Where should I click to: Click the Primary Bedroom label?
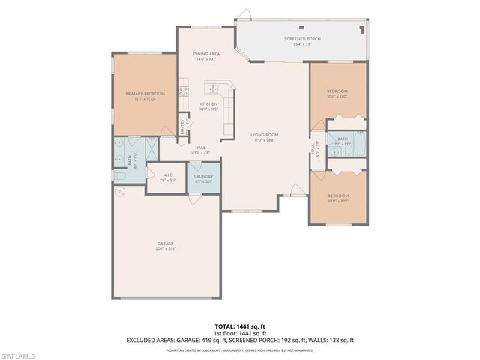pos(145,94)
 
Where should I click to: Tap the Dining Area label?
pos(205,55)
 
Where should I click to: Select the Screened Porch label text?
pos(303,38)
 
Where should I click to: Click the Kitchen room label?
pos(208,104)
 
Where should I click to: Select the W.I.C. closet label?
pos(168,176)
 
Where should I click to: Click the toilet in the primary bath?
pos(119,175)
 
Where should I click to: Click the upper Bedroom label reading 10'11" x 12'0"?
pos(337,92)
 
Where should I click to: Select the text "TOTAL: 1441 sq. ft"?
pos(240,325)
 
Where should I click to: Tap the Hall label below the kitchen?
pos(200,148)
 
